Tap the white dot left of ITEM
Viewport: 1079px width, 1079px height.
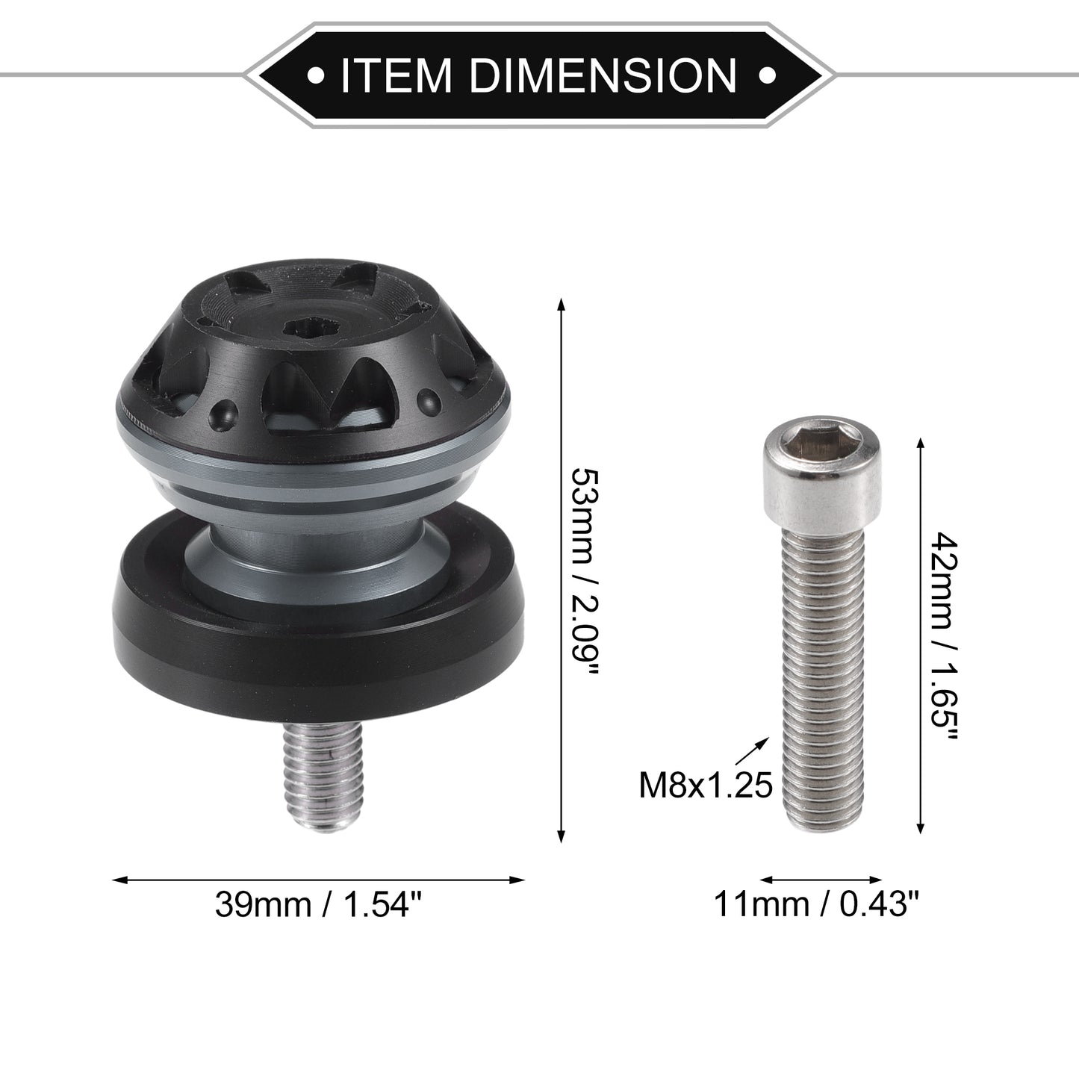[316, 75]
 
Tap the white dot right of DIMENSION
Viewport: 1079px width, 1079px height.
[766, 75]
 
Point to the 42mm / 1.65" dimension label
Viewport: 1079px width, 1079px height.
[945, 635]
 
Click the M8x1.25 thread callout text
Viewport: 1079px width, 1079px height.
[706, 786]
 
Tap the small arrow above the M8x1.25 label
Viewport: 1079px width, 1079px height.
[751, 751]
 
